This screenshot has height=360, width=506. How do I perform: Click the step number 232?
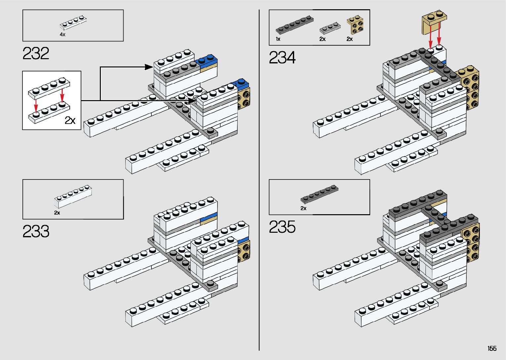pyautogui.click(x=36, y=54)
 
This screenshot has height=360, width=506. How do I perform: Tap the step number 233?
pyautogui.click(x=36, y=231)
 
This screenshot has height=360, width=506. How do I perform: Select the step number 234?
pyautogui.click(x=282, y=58)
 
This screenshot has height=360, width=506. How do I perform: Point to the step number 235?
pyautogui.click(x=282, y=227)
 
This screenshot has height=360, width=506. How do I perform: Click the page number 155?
pyautogui.click(x=492, y=348)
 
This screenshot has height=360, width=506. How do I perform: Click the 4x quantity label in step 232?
pyautogui.click(x=62, y=34)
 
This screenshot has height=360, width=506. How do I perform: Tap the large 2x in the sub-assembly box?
pyautogui.click(x=70, y=120)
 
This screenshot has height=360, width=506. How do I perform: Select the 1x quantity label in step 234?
pyautogui.click(x=278, y=39)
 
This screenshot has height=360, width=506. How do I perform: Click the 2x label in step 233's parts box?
pyautogui.click(x=57, y=213)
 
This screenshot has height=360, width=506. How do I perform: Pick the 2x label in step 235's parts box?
pyautogui.click(x=303, y=208)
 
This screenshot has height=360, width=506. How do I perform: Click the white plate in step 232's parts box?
pyautogui.click(x=73, y=23)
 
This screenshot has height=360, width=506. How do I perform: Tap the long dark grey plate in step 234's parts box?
pyautogui.click(x=294, y=24)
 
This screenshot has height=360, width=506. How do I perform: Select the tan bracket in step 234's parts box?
pyautogui.click(x=356, y=25)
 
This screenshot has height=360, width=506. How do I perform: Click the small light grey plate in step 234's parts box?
pyautogui.click(x=330, y=28)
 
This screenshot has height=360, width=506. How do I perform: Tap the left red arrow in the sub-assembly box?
pyautogui.click(x=36, y=105)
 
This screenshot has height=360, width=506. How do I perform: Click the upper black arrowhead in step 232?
pyautogui.click(x=149, y=67)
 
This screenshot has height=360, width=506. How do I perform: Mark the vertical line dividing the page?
pyautogui.click(x=259, y=180)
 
